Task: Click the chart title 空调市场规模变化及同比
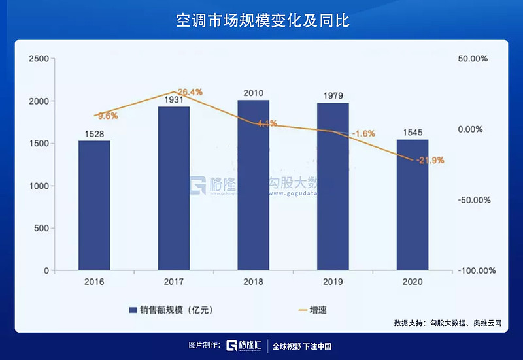[x=262, y=20]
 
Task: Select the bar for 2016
[x=94, y=205]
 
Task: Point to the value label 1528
[x=94, y=134]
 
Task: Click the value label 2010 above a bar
[x=253, y=93]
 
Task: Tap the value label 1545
[x=413, y=133]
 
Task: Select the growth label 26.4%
[x=190, y=92]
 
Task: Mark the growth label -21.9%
[x=430, y=160]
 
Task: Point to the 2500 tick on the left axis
[x=39, y=59]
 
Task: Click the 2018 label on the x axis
[x=253, y=282]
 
